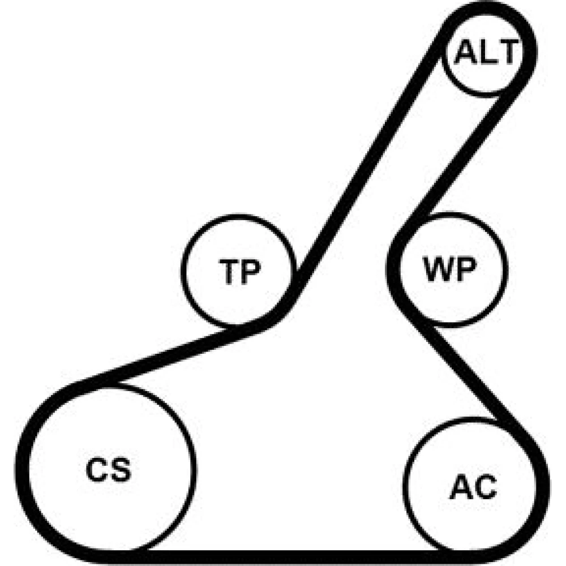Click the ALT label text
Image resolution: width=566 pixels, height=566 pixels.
[487, 52]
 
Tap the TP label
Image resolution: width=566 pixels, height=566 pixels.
[239, 272]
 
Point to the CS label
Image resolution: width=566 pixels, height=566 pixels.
[108, 469]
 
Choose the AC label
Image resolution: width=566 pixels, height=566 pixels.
[473, 487]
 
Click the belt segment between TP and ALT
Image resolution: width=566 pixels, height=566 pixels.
[368, 162]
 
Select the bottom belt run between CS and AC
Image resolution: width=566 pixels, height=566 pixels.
[289, 558]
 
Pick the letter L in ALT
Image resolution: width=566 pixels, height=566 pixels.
[487, 52]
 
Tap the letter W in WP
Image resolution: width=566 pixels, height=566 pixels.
[438, 269]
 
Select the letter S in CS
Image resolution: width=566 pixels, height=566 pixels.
[121, 469]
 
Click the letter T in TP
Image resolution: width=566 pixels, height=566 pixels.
[229, 272]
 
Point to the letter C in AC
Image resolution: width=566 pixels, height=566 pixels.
[486, 487]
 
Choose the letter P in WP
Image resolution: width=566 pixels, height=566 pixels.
[465, 269]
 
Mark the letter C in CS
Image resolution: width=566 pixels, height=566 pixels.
[97, 469]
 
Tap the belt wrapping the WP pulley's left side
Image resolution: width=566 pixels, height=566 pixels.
[393, 269]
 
